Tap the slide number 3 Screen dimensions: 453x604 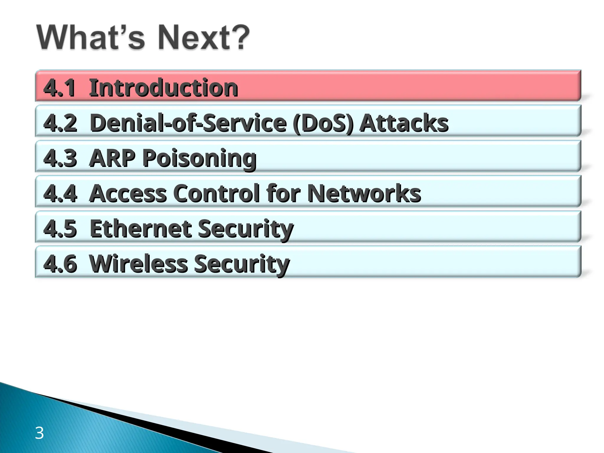pos(39,433)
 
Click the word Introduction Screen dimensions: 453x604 pos(163,88)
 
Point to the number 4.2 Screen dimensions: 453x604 pos(60,123)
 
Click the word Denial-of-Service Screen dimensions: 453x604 pos(188,123)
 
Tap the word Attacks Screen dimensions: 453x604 pos(404,123)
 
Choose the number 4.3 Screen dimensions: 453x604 pos(60,158)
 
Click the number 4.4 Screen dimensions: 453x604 pos(60,193)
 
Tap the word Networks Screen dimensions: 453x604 pos(364,193)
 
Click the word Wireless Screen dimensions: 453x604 pos(138,264)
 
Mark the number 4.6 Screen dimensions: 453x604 pos(60,264)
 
